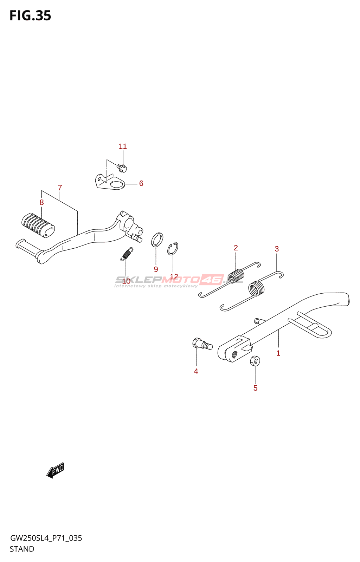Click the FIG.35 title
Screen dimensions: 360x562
click(30, 16)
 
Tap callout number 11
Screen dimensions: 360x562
click(123, 146)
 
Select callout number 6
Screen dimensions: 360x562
click(141, 183)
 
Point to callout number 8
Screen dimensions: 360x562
click(41, 202)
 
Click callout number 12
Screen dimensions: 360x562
click(174, 277)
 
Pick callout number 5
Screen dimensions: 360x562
click(256, 388)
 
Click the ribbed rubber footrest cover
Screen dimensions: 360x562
click(38, 225)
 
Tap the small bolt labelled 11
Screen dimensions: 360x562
click(122, 168)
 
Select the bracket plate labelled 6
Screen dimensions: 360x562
click(110, 182)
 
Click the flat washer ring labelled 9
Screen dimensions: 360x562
click(157, 240)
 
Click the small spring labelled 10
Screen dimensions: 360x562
click(127, 254)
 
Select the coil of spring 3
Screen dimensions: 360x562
click(257, 288)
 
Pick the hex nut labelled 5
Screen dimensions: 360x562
click(255, 361)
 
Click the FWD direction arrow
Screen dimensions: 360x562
click(56, 470)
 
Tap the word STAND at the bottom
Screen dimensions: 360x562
click(22, 549)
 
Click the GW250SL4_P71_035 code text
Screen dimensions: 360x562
click(46, 538)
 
